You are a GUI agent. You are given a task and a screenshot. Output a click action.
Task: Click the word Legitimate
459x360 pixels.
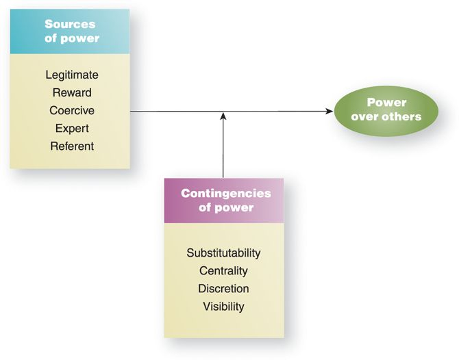[72, 75]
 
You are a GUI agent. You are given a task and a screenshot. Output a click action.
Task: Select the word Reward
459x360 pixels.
[72, 92]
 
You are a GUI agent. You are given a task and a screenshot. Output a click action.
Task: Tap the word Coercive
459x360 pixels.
[72, 110]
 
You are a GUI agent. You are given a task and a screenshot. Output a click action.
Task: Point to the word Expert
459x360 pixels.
[72, 128]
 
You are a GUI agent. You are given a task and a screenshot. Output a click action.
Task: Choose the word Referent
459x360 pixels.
[72, 146]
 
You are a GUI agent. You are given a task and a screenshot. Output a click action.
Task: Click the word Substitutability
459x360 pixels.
[223, 253]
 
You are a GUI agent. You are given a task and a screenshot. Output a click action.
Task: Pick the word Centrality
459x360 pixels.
[223, 271]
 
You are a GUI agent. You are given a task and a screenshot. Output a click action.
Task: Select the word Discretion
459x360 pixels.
[223, 289]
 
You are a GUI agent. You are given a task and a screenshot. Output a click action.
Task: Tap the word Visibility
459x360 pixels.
[223, 307]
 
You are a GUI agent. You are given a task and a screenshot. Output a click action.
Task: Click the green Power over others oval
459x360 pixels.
[386, 110]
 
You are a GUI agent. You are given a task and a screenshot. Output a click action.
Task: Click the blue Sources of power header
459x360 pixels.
[70, 31]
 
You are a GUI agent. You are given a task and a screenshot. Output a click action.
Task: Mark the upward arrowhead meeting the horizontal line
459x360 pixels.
[223, 116]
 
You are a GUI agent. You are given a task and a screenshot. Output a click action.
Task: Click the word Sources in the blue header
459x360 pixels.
[70, 24]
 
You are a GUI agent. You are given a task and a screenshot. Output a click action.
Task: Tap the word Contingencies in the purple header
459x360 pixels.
[225, 193]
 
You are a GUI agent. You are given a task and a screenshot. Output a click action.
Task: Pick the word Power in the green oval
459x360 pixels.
[386, 103]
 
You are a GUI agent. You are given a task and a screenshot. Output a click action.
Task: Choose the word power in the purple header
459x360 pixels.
[237, 207]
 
